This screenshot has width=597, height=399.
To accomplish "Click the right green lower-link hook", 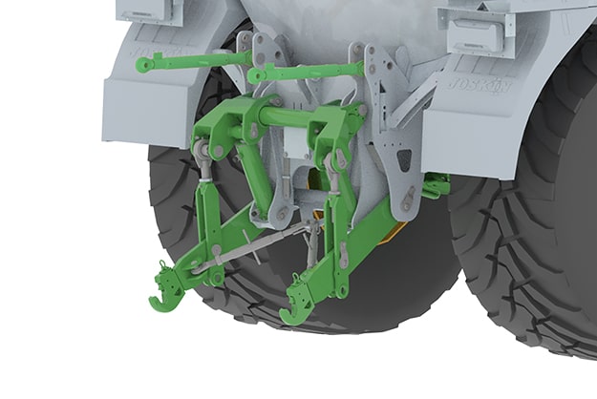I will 290,311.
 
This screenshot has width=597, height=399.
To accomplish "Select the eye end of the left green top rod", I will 144,64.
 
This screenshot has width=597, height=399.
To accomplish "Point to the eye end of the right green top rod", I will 256,75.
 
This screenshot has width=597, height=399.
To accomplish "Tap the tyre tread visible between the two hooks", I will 239,305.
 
